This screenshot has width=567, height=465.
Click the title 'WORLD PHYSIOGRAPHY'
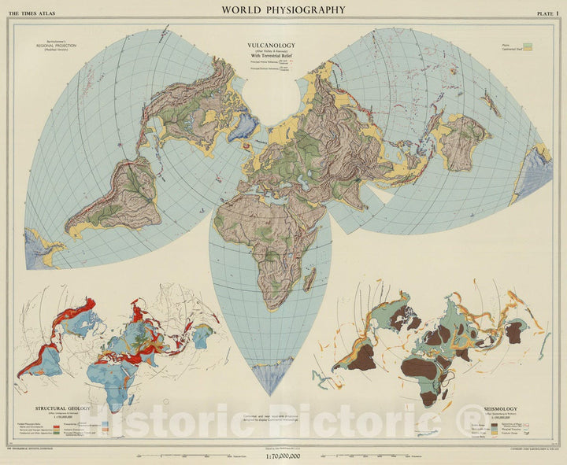pyautogui.click(x=283, y=9)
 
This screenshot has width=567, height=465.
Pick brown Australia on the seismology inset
pyautogui.click(x=514, y=331)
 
